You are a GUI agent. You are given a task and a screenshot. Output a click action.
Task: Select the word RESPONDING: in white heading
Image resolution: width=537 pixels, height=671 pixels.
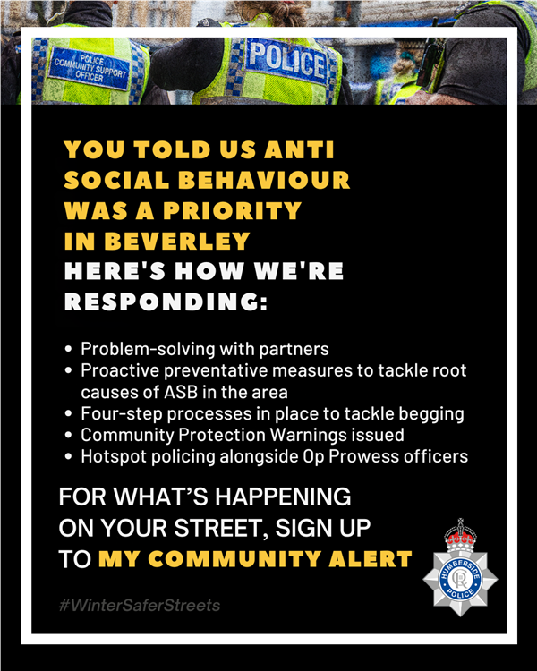coord(166,302)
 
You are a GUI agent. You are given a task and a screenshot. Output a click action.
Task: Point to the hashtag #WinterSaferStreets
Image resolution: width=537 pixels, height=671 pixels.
coord(139,606)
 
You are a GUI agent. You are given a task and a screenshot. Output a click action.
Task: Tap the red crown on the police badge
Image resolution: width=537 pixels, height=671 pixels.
coord(460,537)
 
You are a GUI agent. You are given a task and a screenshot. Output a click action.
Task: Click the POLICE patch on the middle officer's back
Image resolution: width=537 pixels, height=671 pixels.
coord(286,61)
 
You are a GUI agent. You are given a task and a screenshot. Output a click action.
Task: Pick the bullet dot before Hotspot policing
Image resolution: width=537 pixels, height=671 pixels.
coord(70,457)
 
